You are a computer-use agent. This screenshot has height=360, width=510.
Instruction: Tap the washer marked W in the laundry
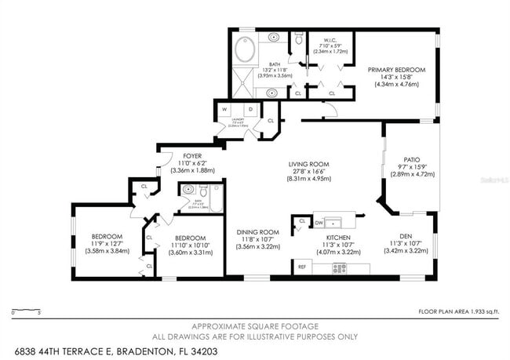pos(226,110)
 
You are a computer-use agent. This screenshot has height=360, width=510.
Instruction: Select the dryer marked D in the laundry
pos(250,110)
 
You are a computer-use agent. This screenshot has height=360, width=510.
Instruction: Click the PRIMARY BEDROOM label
pos(396,70)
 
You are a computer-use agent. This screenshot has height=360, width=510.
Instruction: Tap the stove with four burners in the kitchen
pos(340,268)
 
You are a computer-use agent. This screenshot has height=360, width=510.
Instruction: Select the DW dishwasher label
pos(319,223)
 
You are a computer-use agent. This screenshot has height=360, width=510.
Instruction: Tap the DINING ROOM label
pos(258,232)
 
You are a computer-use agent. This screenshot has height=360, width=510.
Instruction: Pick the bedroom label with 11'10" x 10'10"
pos(190,238)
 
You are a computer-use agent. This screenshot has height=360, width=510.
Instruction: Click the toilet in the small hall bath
pos(202,191)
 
